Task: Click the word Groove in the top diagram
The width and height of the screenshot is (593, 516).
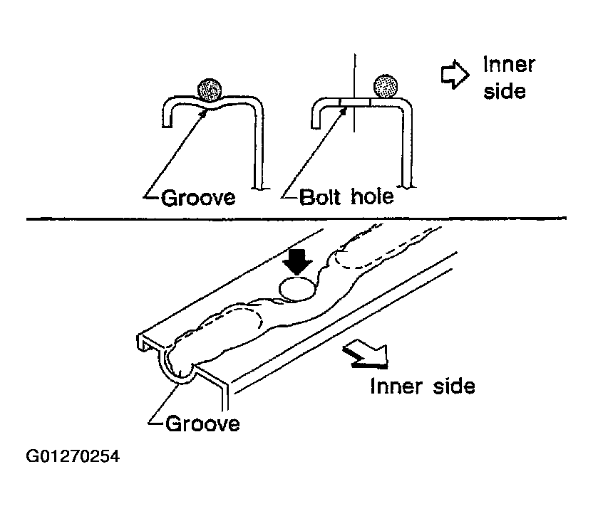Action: (x=198, y=198)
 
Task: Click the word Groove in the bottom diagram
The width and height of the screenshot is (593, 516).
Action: (x=202, y=423)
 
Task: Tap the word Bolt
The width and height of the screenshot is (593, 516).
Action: (x=320, y=197)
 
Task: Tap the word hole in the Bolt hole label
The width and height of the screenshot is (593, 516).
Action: (x=373, y=196)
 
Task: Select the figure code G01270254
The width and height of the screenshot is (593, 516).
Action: (x=73, y=456)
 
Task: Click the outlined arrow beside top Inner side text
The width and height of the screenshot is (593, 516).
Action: (x=455, y=75)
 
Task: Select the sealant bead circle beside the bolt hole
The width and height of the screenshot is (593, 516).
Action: (x=386, y=85)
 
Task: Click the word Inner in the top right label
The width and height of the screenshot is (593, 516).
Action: (x=509, y=65)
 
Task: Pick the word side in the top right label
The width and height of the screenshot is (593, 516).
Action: (x=505, y=91)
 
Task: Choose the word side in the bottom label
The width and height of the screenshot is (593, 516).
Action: (x=454, y=386)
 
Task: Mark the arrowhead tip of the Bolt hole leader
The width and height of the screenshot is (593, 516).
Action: (x=346, y=107)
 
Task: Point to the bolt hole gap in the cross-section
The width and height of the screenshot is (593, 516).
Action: (x=355, y=102)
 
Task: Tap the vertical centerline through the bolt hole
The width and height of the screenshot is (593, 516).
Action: (x=354, y=93)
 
